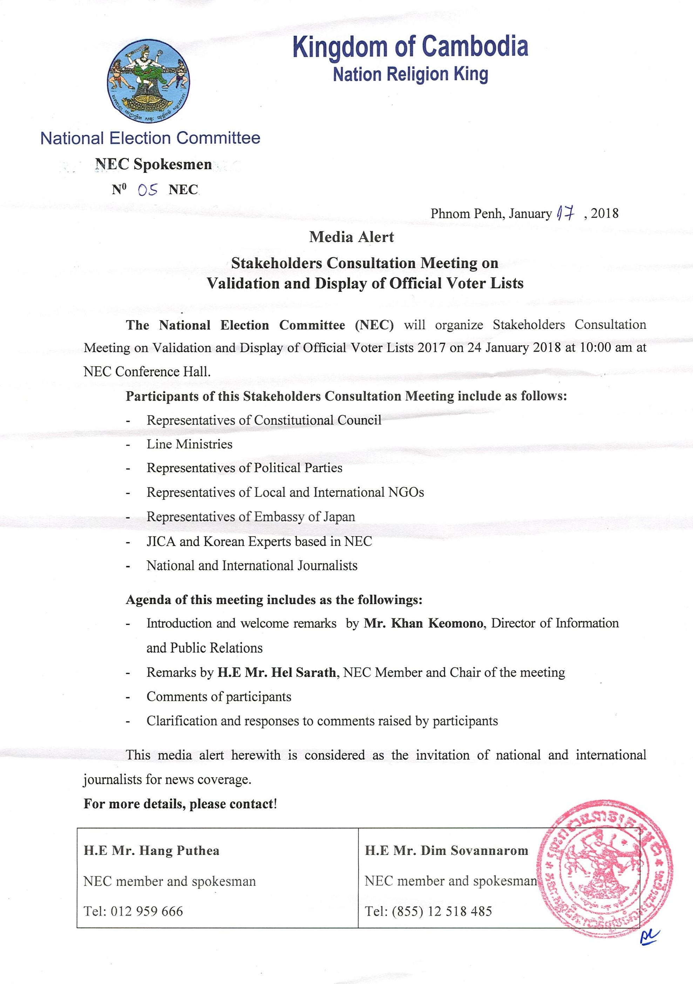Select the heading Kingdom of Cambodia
(x=410, y=47)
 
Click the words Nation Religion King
(x=410, y=75)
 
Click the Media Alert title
(x=352, y=237)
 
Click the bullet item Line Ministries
(x=189, y=444)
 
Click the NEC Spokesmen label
(x=153, y=164)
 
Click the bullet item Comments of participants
(x=219, y=697)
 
